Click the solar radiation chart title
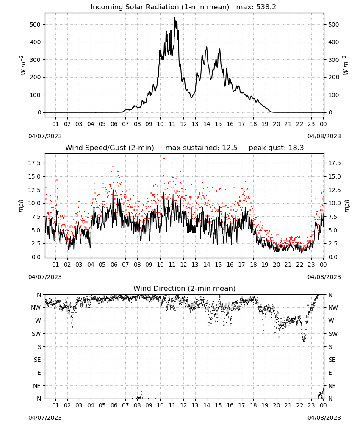(183, 7)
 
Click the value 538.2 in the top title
(266, 7)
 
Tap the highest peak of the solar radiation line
(174, 17)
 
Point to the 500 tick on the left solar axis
(36, 25)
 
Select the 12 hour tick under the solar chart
(183, 124)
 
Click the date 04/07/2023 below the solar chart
(45, 136)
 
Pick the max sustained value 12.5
(230, 148)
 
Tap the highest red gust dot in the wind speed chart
(164, 159)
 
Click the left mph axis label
(21, 206)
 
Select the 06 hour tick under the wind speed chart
(114, 265)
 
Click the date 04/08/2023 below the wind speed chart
(324, 277)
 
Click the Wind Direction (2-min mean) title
(185, 288)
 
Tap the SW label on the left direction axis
(36, 334)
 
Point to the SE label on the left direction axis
(37, 360)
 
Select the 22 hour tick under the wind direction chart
(299, 405)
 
